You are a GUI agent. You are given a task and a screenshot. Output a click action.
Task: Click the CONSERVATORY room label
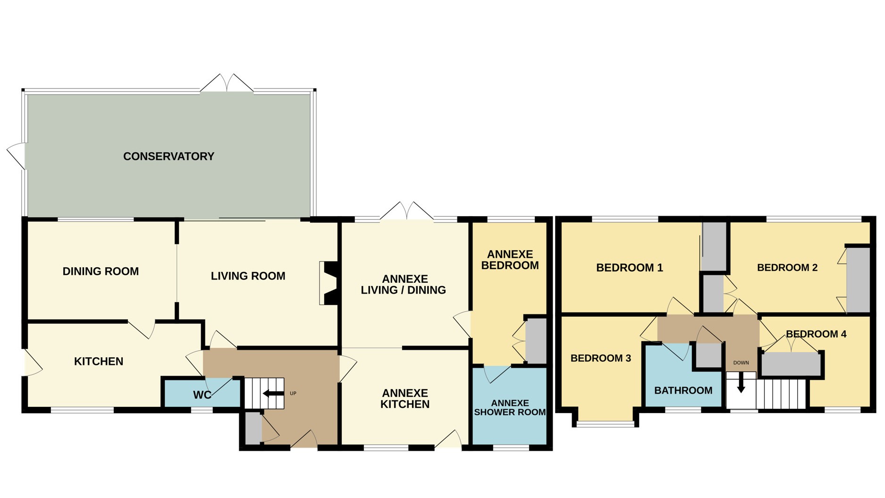(169, 156)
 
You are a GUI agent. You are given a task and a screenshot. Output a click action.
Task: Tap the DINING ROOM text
(101, 271)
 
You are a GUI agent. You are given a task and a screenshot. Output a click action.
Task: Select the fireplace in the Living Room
(329, 283)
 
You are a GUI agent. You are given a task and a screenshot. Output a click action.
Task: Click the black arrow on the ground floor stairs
(273, 394)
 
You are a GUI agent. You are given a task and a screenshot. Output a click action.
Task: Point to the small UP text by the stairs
(293, 393)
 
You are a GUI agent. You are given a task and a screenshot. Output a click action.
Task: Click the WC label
(202, 395)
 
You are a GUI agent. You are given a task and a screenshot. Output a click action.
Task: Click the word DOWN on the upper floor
(741, 363)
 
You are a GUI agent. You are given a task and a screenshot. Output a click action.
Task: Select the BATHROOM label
(683, 390)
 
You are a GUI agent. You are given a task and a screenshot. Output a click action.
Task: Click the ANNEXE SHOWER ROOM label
(510, 407)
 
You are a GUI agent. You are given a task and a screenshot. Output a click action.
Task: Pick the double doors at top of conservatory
(227, 84)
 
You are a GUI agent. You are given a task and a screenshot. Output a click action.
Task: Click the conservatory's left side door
(17, 155)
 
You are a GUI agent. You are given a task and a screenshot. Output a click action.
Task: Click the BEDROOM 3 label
(600, 358)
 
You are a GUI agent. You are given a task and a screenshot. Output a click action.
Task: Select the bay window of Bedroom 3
(606, 424)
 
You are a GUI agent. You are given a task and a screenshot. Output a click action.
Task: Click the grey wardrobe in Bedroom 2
(858, 279)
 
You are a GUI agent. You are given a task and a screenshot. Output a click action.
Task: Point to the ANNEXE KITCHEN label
(405, 399)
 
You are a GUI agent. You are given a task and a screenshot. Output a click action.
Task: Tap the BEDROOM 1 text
(629, 268)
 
